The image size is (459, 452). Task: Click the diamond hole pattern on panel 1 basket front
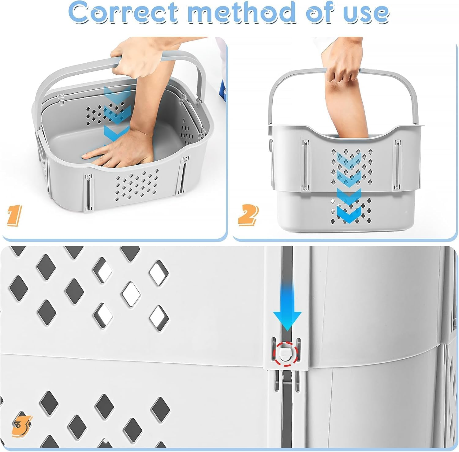pyautogui.click(x=136, y=184)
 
